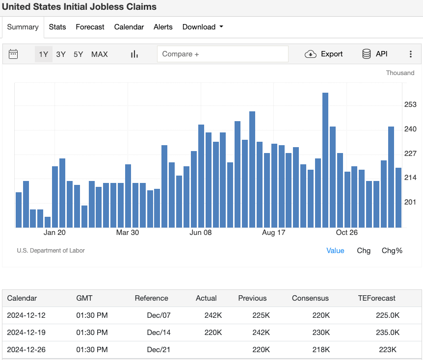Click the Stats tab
pyautogui.click(x=57, y=27)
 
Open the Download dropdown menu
pyautogui.click(x=203, y=27)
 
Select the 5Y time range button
pyautogui.click(x=79, y=54)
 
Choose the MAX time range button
pyautogui.click(x=100, y=54)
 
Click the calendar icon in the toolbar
pyautogui.click(x=13, y=54)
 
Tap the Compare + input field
pyautogui.click(x=222, y=54)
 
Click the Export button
pyautogui.click(x=324, y=54)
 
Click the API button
pyautogui.click(x=375, y=54)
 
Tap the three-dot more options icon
pyautogui.click(x=411, y=54)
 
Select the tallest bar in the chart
pyautogui.click(x=325, y=159)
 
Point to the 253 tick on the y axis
pyautogui.click(x=410, y=104)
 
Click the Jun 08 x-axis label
pyautogui.click(x=201, y=232)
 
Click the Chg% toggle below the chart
pyautogui.click(x=392, y=251)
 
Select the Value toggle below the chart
pyautogui.click(x=335, y=251)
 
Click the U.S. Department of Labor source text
pyautogui.click(x=51, y=251)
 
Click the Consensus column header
pyautogui.click(x=310, y=298)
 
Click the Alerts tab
pyautogui.click(x=163, y=27)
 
